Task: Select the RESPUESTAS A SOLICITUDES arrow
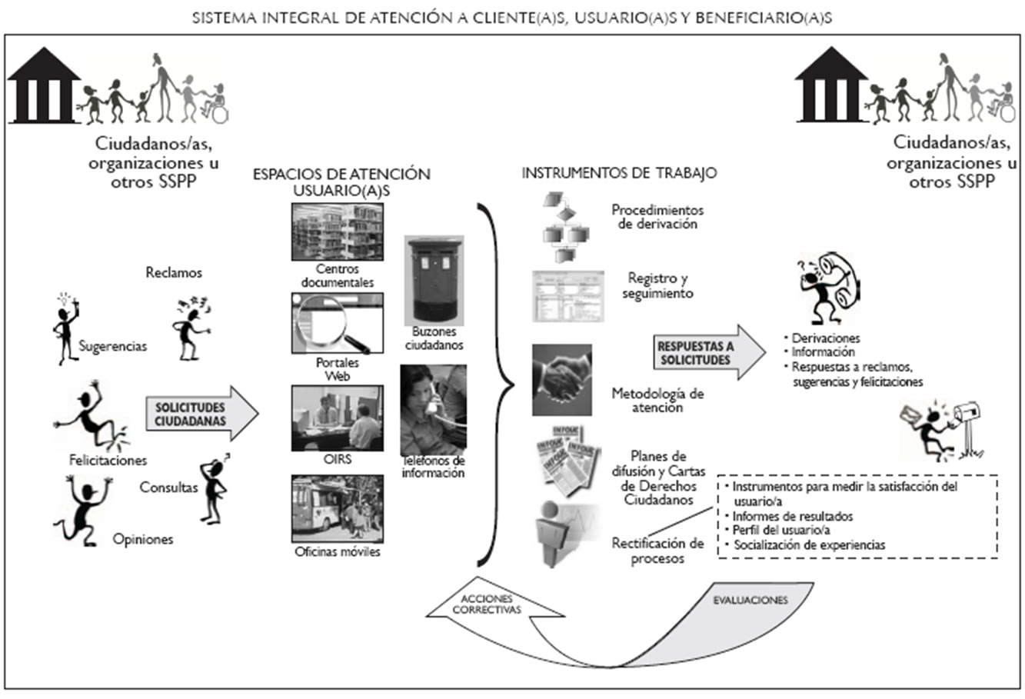[707, 353]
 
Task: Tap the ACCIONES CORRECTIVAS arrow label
[487, 604]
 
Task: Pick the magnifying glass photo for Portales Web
[337, 323]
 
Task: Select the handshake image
[562, 380]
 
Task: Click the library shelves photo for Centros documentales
[337, 231]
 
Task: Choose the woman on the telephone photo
[433, 410]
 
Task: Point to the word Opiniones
[143, 539]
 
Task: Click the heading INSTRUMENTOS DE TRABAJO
[619, 173]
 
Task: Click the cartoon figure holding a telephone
[823, 288]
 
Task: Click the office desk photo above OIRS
[337, 418]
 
